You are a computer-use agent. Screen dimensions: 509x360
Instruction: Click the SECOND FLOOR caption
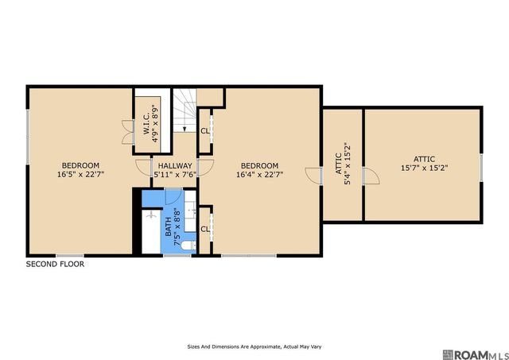point(55,264)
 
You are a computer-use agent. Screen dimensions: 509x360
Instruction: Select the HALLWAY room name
point(175,166)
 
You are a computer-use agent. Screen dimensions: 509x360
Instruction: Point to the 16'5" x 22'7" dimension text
point(80,175)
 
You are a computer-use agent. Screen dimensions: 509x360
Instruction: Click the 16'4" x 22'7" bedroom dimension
point(260,175)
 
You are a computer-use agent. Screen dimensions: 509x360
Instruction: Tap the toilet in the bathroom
point(188,246)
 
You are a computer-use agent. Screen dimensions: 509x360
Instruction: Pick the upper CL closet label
point(205,131)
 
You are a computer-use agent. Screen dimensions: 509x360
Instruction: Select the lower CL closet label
point(205,230)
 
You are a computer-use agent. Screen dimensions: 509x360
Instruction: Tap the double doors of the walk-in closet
point(128,132)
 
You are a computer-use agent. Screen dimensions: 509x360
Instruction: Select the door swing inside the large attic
point(371,176)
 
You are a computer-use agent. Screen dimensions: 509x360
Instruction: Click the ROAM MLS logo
point(475,354)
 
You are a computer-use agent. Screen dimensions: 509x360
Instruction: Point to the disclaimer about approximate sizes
point(254,346)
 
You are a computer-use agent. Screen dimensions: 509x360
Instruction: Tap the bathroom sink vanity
point(190,211)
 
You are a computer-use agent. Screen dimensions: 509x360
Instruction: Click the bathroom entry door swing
point(173,197)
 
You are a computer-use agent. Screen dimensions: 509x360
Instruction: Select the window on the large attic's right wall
point(481,168)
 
